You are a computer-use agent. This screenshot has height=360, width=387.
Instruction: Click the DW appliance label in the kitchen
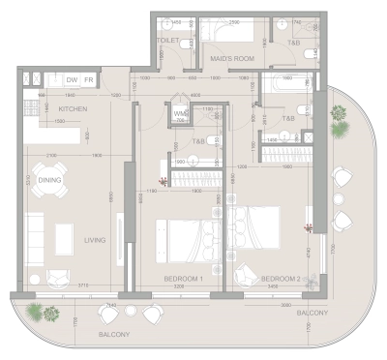pos(72,79)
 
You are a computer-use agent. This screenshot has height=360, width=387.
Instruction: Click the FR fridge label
pos(87,79)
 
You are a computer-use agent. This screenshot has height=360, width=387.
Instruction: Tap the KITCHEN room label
pos(74,109)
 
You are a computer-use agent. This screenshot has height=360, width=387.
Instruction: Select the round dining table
pos(49,179)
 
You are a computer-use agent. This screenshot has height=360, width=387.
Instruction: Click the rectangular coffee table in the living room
pos(65,235)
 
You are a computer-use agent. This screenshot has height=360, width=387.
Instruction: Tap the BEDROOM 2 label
pos(282,279)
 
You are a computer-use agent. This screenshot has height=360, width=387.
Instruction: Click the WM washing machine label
pos(180,114)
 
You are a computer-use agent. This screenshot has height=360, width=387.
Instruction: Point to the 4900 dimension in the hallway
pos(194,95)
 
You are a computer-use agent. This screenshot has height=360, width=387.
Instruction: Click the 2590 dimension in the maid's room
pos(233,21)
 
